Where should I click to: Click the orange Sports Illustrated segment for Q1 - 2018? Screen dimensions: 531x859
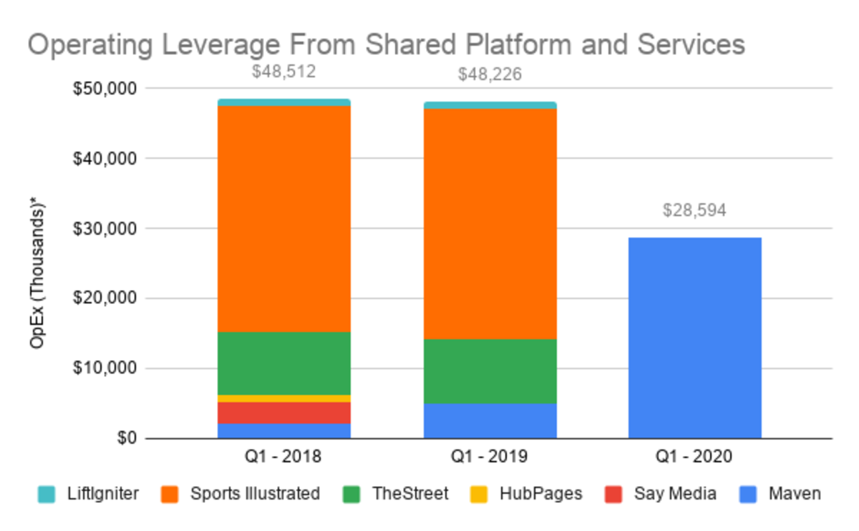pyautogui.click(x=284, y=218)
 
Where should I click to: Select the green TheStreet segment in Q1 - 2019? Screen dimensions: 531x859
pyautogui.click(x=490, y=371)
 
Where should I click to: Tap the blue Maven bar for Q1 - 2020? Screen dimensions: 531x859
pyautogui.click(x=694, y=338)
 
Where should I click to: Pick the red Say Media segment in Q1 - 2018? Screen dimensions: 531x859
pyautogui.click(x=284, y=412)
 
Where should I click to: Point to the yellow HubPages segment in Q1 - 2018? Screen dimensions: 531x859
pyautogui.click(x=284, y=398)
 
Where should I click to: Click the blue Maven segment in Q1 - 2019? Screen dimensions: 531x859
pyautogui.click(x=490, y=421)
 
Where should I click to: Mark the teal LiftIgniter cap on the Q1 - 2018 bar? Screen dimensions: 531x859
pyautogui.click(x=284, y=102)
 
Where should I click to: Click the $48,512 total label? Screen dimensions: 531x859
pyautogui.click(x=284, y=72)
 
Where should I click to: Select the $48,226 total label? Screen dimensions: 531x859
pyautogui.click(x=490, y=74)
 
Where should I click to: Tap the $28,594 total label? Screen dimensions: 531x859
pyautogui.click(x=694, y=210)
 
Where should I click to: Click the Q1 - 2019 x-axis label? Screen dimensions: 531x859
pyautogui.click(x=490, y=457)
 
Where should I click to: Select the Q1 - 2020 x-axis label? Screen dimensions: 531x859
pyautogui.click(x=694, y=457)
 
